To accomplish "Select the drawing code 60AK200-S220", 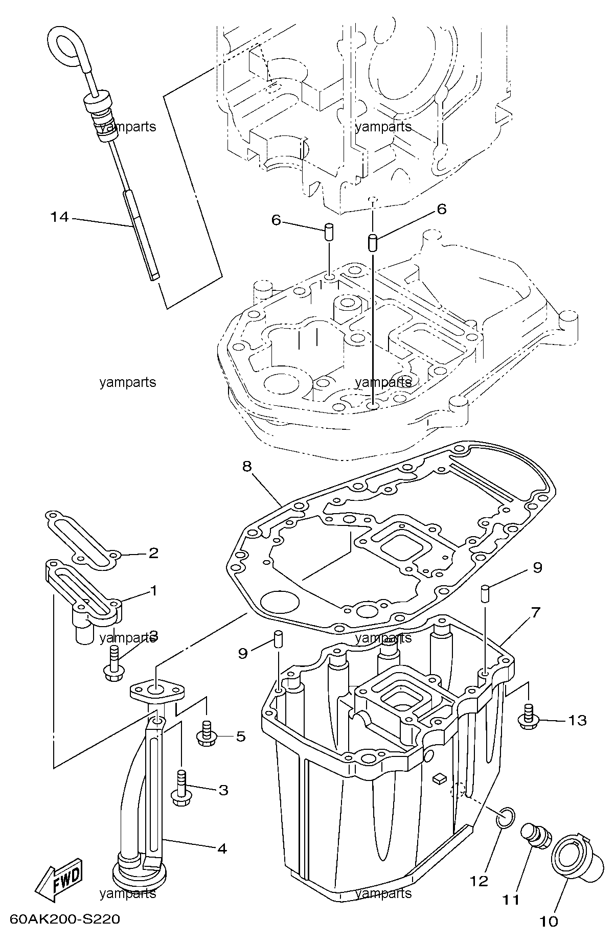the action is point(65,919).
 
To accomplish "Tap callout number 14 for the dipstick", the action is point(59,217).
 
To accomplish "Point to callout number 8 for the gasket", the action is point(247,467).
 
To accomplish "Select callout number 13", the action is point(577,720).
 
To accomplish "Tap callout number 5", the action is point(240,737).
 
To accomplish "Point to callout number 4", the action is point(221,849).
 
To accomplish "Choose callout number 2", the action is point(153,553).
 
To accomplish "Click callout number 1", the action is point(153,591).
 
